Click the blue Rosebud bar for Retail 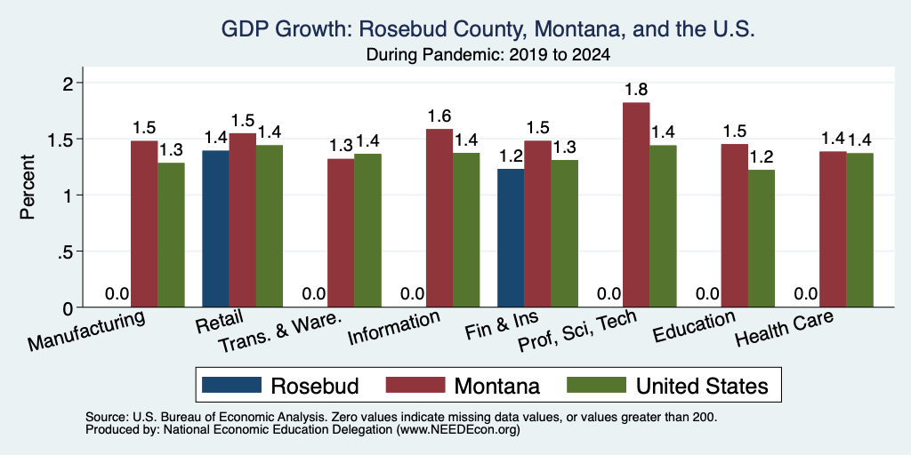(x=215, y=228)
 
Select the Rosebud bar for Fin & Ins (x=511, y=238)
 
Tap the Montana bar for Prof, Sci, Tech (x=636, y=205)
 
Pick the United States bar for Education (x=762, y=238)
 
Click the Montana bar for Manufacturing (x=144, y=224)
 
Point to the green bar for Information (x=466, y=230)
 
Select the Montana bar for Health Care (x=833, y=229)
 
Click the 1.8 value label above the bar (x=636, y=90)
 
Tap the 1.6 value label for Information (x=439, y=116)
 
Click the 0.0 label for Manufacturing (x=117, y=293)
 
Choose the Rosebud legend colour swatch (x=231, y=385)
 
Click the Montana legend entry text (x=497, y=386)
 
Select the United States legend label (x=701, y=386)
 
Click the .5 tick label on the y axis (x=69, y=251)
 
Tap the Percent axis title (x=28, y=187)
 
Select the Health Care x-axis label (x=785, y=328)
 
